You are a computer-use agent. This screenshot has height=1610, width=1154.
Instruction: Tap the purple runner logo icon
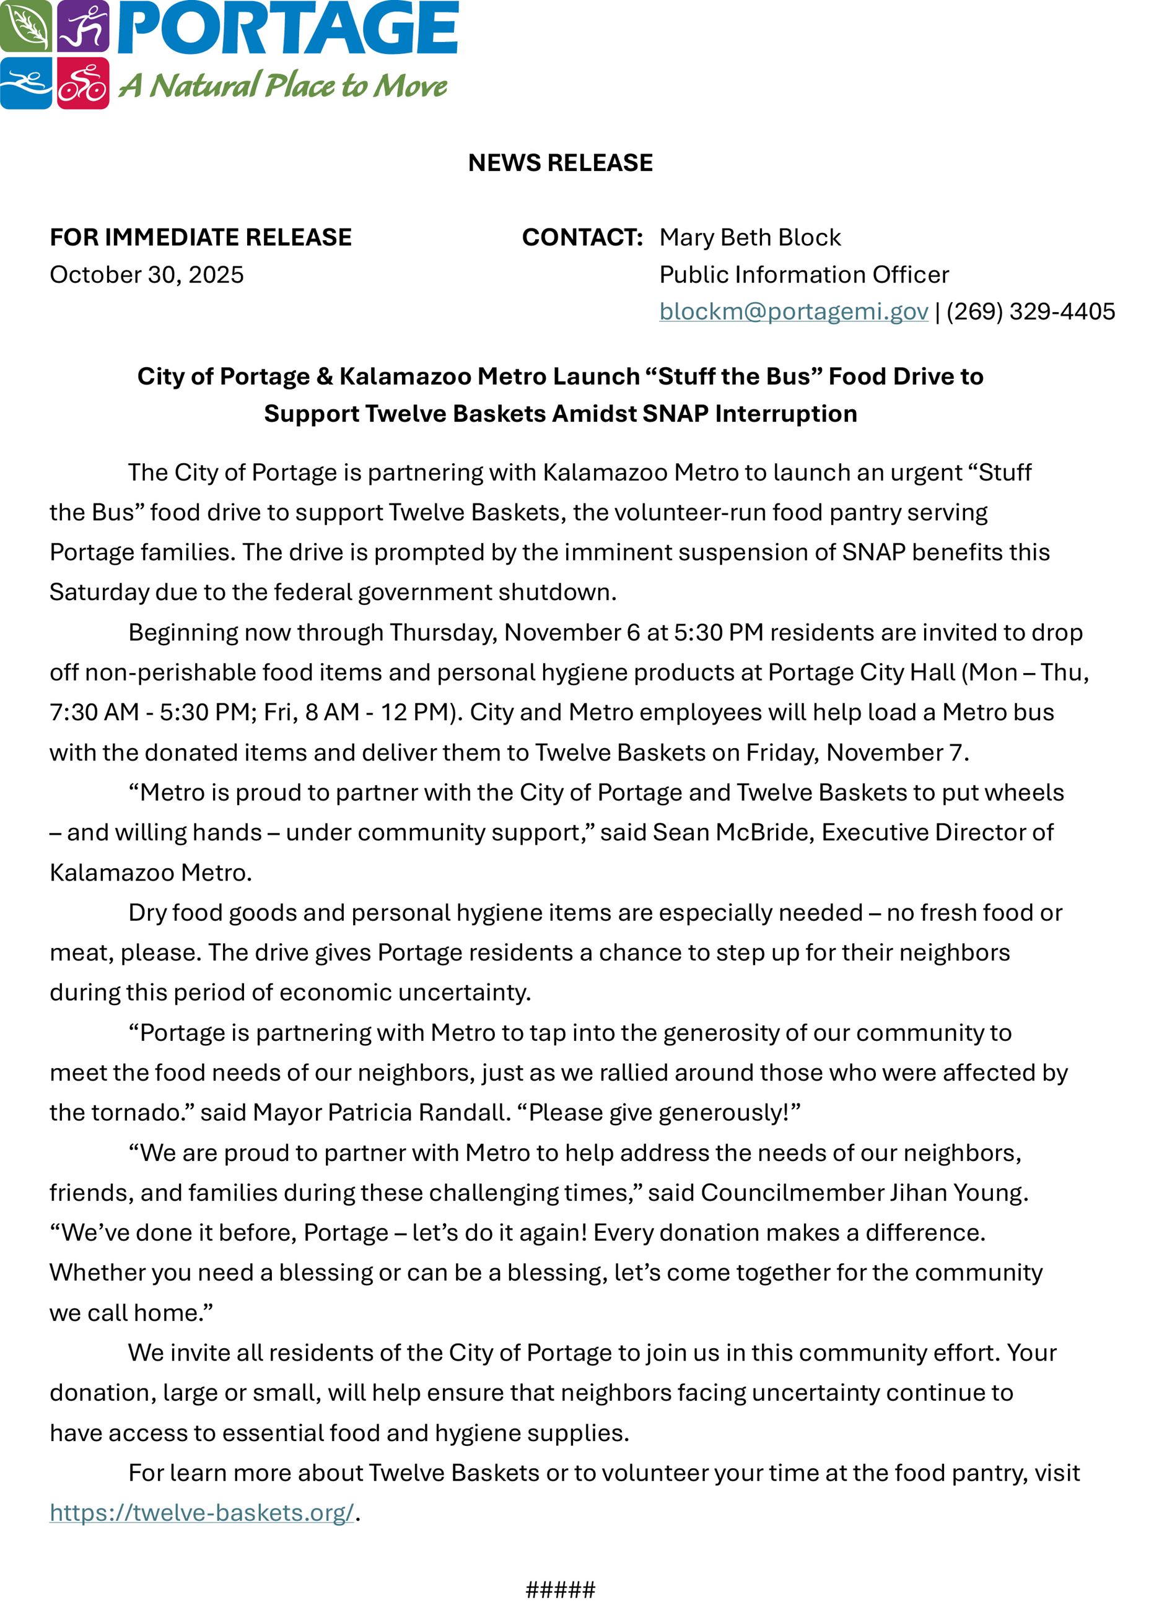(x=83, y=25)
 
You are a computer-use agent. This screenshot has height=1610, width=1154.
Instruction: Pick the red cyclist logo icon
(x=83, y=83)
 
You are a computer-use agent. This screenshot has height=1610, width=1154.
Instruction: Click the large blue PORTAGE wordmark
(x=287, y=28)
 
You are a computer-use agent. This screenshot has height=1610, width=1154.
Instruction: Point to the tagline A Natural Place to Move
(x=282, y=85)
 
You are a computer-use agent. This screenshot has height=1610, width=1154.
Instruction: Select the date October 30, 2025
(x=146, y=275)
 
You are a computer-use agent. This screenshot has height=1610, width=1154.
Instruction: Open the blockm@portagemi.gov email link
(x=793, y=311)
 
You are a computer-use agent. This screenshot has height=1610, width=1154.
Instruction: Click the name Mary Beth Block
(x=750, y=237)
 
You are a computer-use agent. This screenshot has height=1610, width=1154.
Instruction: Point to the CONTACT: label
(x=582, y=237)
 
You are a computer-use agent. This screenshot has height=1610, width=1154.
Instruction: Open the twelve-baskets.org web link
(x=202, y=1512)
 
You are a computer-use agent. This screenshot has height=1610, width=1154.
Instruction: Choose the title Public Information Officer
(x=804, y=275)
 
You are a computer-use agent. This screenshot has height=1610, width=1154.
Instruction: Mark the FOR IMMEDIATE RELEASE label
(x=201, y=237)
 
